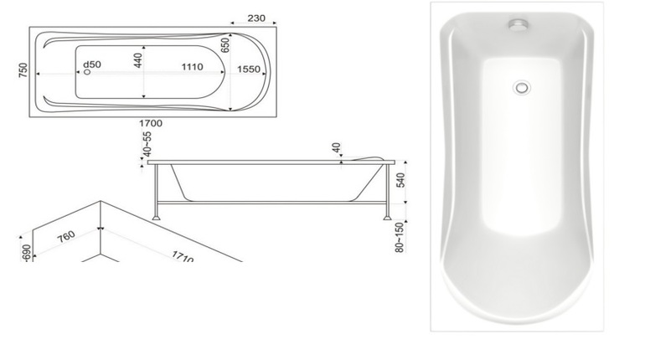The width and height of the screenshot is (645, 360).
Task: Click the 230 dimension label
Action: coord(256,18)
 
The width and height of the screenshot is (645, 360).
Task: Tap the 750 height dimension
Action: coord(23,70)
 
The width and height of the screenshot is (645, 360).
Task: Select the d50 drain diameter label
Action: coord(92,64)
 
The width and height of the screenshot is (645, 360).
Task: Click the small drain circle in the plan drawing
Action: coord(87,72)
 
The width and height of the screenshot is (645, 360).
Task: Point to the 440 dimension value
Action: coord(138,60)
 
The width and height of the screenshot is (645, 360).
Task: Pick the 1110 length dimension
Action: coord(193,67)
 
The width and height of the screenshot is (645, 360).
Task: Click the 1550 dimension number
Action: coord(249,69)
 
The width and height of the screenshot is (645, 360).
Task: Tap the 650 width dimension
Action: coord(225,45)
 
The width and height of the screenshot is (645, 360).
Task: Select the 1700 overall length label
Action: coord(151,123)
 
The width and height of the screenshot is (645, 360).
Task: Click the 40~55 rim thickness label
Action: coord(147,144)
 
